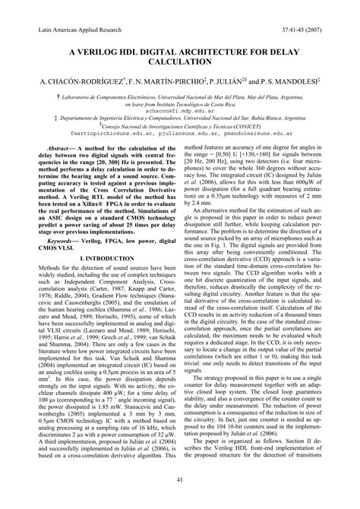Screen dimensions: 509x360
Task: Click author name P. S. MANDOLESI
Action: [295, 80]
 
